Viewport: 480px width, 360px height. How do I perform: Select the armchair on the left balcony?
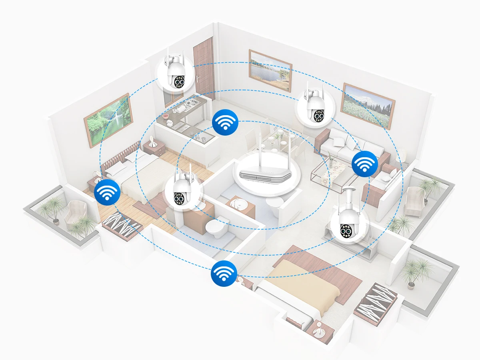click(75, 212)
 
